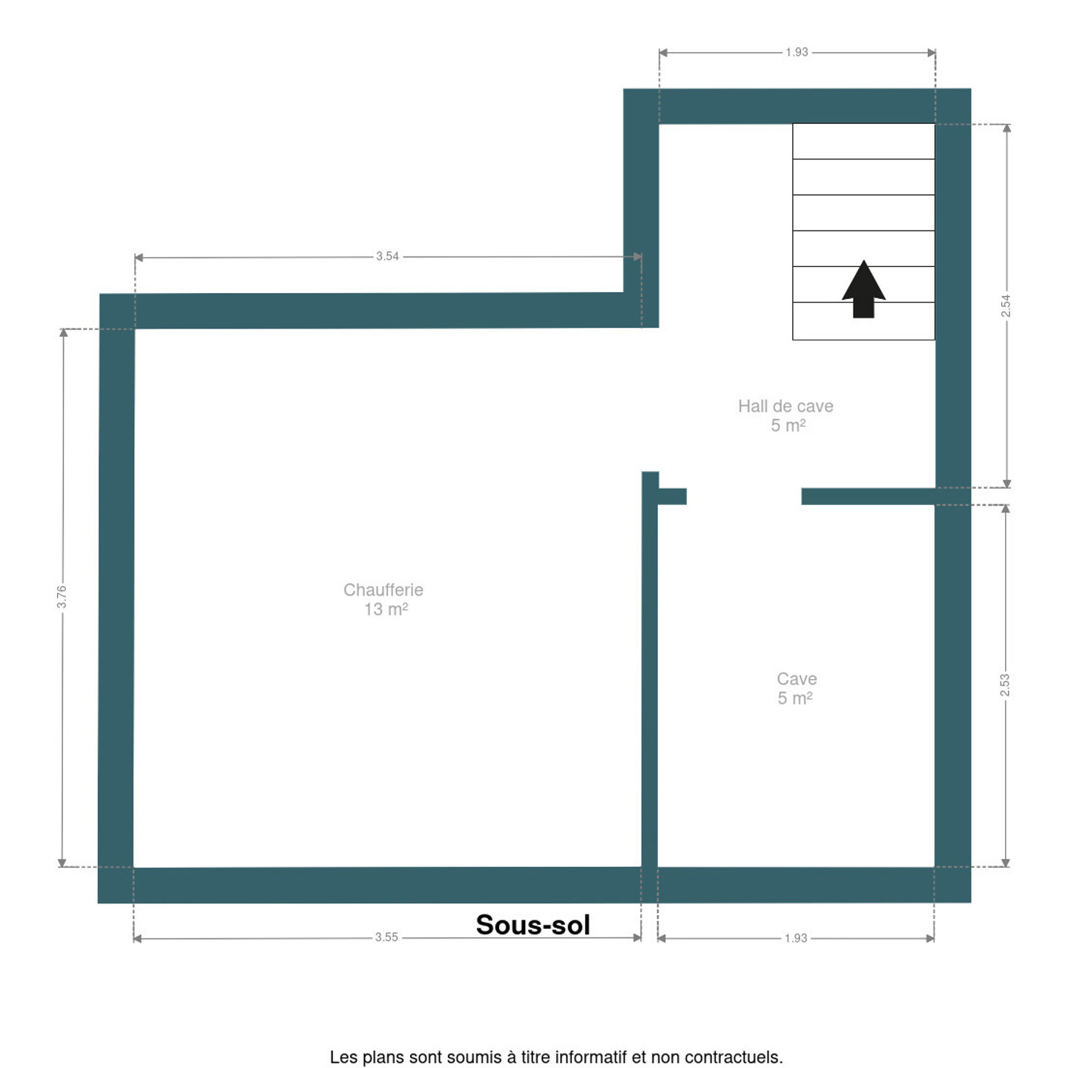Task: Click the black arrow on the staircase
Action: (x=863, y=289)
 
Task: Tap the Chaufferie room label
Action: (x=383, y=590)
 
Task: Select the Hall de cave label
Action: (x=785, y=406)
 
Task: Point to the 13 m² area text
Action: (x=386, y=609)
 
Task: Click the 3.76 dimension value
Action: (x=62, y=596)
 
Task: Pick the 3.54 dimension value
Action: (x=387, y=256)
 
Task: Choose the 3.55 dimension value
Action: (x=386, y=937)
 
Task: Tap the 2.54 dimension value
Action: (x=1006, y=306)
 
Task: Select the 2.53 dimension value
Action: (x=1004, y=685)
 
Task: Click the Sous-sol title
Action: (x=533, y=924)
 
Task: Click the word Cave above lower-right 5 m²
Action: (x=797, y=679)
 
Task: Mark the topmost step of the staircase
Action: (x=863, y=142)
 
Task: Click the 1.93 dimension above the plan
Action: (x=797, y=52)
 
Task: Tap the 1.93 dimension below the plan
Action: (x=795, y=937)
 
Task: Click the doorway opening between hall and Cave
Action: (x=744, y=496)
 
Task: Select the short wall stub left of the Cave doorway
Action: (x=672, y=496)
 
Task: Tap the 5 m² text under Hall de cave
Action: (x=788, y=426)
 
